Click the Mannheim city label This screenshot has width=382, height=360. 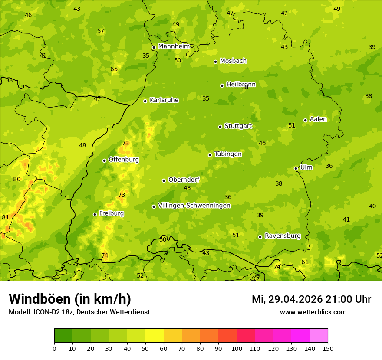tap(174, 46)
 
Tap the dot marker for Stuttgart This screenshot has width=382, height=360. tap(221, 127)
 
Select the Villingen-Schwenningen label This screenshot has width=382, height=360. tap(194, 206)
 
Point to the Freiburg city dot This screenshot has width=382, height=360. tap(95, 214)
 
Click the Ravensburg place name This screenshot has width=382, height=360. tap(283, 236)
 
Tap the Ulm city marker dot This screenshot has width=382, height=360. tap(296, 168)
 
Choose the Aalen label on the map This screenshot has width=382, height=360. tap(318, 119)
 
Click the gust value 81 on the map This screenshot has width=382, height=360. tap(5, 218)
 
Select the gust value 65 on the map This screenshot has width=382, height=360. tap(114, 69)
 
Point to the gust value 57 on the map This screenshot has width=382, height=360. tap(101, 31)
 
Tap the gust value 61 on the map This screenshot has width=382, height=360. tap(305, 262)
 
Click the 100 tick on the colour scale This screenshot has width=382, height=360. tap(237, 348)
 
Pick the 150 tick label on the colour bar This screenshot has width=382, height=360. tap(328, 348)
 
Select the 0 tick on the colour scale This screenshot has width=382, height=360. tap(54, 348)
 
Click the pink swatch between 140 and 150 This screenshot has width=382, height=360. tap(319, 336)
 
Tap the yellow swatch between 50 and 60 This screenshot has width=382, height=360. tap(155, 336)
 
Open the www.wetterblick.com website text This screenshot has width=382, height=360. tap(313, 312)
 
